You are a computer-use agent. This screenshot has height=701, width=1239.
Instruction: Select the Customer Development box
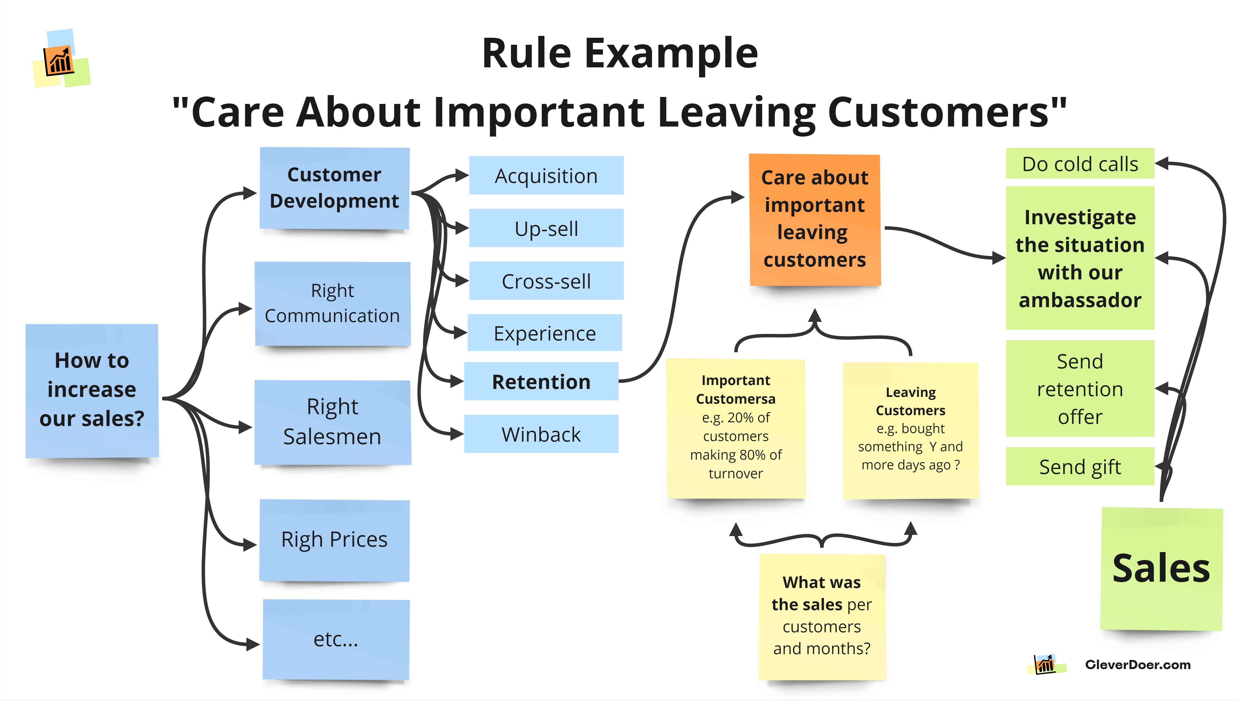click(334, 188)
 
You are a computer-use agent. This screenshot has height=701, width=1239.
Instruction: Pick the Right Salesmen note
click(332, 422)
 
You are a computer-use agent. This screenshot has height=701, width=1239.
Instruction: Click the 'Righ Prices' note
click(334, 540)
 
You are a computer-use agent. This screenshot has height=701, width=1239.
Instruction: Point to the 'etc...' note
click(336, 639)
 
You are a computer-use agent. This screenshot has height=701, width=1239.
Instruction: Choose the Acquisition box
click(546, 175)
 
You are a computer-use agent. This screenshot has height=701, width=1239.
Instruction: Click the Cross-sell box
click(546, 281)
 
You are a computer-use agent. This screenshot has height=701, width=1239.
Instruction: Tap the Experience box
click(545, 333)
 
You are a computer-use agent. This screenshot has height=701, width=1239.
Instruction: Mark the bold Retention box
click(541, 381)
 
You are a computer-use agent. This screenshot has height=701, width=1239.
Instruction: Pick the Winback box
click(541, 434)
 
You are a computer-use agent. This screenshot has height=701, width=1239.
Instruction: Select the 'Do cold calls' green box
click(1080, 164)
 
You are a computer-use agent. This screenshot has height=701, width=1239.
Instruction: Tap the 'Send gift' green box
click(1080, 466)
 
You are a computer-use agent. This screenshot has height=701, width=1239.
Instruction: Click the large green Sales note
click(1161, 569)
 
